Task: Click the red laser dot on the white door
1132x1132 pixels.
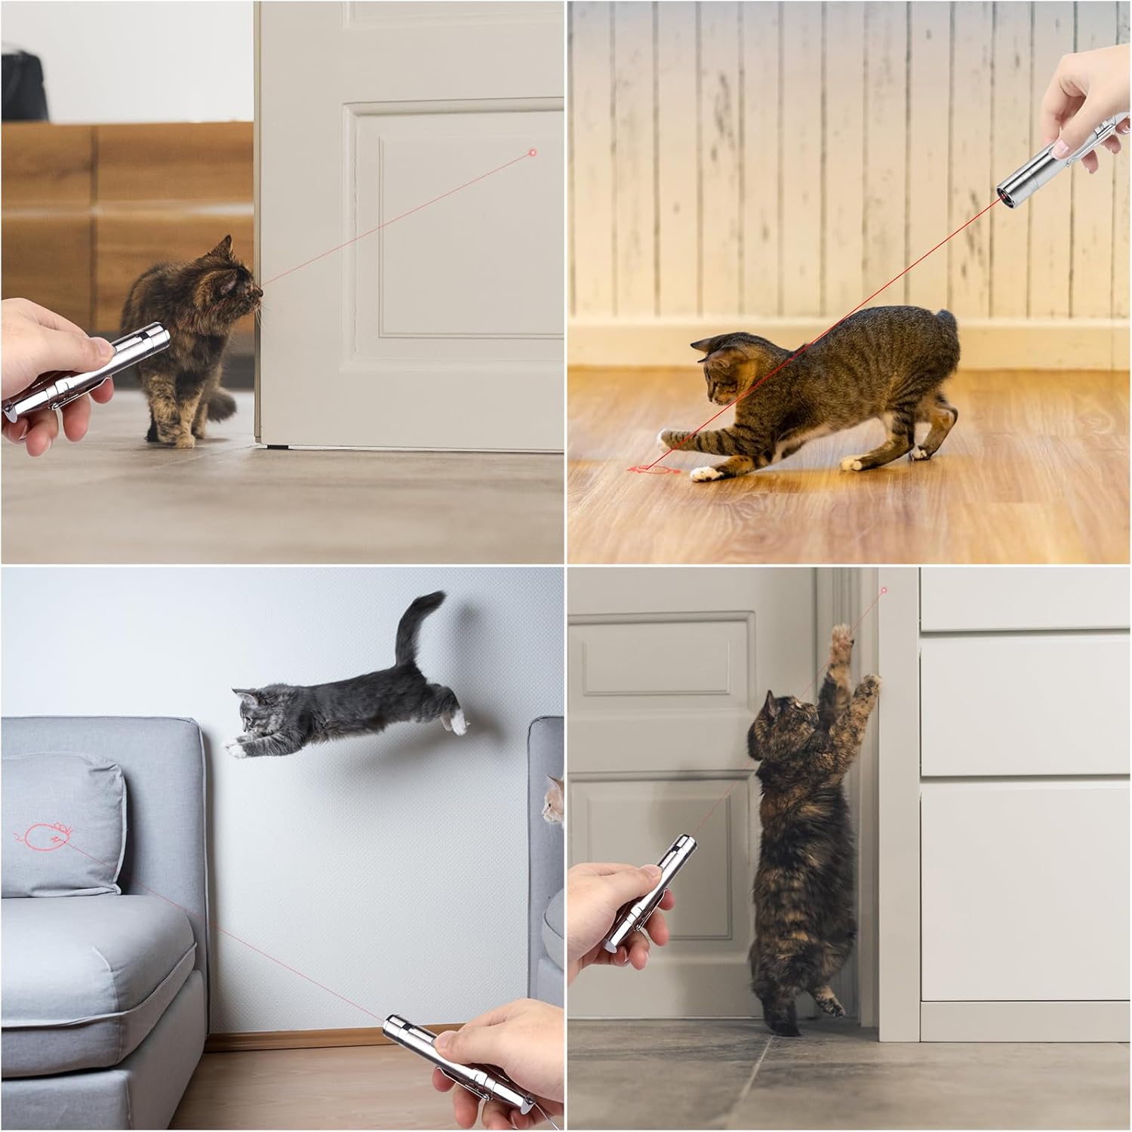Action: [533, 152]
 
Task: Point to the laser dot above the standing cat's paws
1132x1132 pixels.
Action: [884, 590]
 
